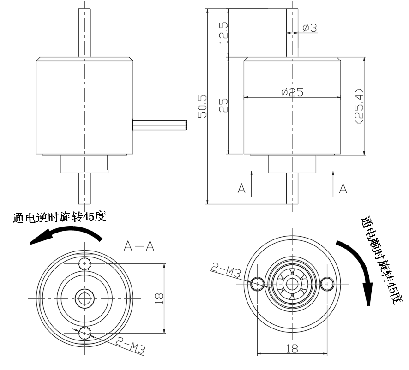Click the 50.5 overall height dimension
coord(202,106)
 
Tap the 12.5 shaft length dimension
coord(223,33)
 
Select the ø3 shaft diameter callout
coord(310,28)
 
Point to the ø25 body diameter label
coord(292,92)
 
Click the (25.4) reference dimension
coord(359,106)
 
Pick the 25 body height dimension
coord(223,105)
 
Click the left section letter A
coord(241,188)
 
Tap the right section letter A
coord(343,188)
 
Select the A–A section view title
coord(139,245)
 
